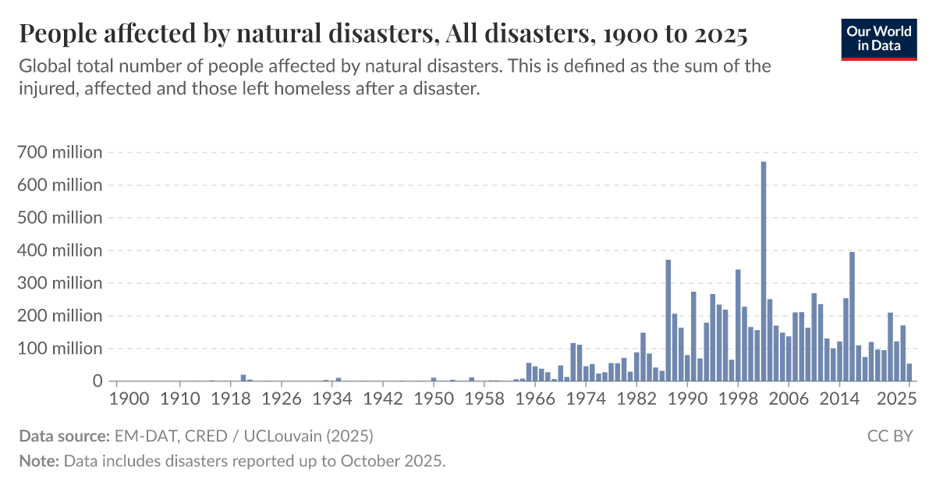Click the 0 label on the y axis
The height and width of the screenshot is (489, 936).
[x=97, y=381]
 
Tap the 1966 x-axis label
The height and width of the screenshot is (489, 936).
[x=535, y=398]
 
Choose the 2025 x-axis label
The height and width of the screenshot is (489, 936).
[x=896, y=398]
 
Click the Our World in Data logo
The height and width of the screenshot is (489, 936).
[x=878, y=37]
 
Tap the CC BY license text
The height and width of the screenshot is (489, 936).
[x=890, y=435]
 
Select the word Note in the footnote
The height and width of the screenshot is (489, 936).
[x=37, y=461]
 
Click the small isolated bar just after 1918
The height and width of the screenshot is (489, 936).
[x=243, y=378]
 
